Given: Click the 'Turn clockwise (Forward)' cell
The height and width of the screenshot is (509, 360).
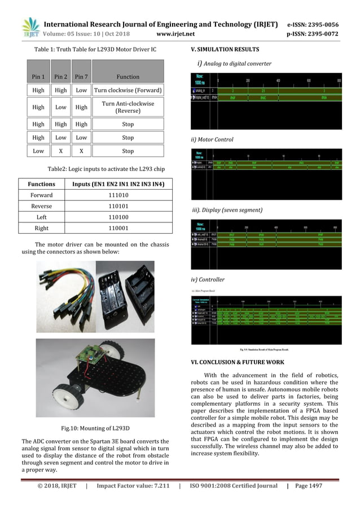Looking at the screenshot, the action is pyautogui.click(x=128, y=90).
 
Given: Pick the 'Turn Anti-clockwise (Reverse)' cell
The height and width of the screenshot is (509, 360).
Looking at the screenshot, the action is pyautogui.click(x=128, y=107).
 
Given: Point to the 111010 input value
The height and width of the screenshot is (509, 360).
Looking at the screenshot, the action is pyautogui.click(x=117, y=195).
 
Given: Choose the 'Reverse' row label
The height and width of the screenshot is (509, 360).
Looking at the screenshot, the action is pyautogui.click(x=42, y=206).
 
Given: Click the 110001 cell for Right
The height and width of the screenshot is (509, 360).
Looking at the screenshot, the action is pyautogui.click(x=117, y=228).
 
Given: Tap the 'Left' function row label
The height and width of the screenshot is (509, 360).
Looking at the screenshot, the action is pyautogui.click(x=42, y=217).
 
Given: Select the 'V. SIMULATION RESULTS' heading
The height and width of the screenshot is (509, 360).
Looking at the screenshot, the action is pyautogui.click(x=225, y=49).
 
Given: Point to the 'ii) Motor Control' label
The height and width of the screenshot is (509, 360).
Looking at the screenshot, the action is pyautogui.click(x=212, y=139).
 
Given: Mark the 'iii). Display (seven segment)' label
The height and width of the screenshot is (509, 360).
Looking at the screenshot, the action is pyautogui.click(x=227, y=210).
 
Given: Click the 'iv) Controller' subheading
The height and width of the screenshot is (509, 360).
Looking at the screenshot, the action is pyautogui.click(x=208, y=279).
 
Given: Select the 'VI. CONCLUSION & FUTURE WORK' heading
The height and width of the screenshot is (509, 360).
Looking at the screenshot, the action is pyautogui.click(x=238, y=362).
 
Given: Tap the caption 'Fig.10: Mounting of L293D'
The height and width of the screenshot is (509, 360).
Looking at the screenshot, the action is pyautogui.click(x=95, y=427).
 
